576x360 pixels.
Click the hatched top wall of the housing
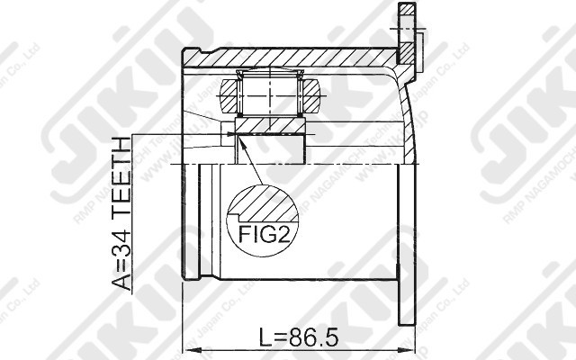(288, 58)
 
